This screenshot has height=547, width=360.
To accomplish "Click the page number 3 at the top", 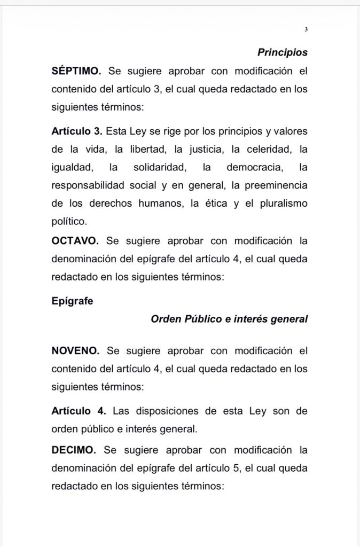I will pyautogui.click(x=306, y=29).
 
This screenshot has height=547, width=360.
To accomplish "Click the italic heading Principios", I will pyautogui.click(x=283, y=52).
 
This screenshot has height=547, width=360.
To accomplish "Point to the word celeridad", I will pyautogui.click(x=264, y=149).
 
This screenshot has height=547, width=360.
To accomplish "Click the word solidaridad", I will pyautogui.click(x=160, y=167).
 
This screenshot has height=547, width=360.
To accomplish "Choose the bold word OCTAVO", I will pyautogui.click(x=75, y=240).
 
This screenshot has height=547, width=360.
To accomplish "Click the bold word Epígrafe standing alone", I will pyautogui.click(x=72, y=301).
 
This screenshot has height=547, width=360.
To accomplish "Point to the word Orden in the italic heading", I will pyautogui.click(x=166, y=319).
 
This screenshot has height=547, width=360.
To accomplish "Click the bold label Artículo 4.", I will pyautogui.click(x=79, y=411).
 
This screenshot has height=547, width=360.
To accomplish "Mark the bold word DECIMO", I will pyautogui.click(x=74, y=450).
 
